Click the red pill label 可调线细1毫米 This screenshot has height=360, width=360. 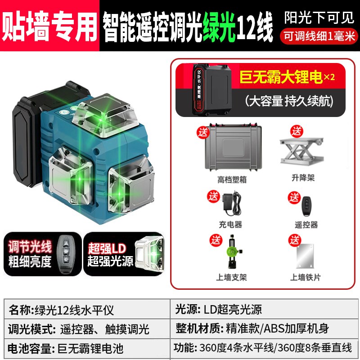click(319, 36)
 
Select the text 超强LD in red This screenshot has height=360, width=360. click(106, 247)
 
